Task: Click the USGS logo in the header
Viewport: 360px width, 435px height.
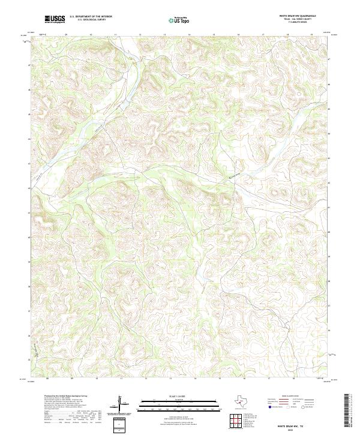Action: [55, 19]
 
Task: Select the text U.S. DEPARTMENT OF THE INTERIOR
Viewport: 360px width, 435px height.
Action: [91, 16]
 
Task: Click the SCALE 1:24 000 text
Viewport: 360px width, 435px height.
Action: [179, 397]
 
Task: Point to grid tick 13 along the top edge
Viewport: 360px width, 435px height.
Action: [139, 35]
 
